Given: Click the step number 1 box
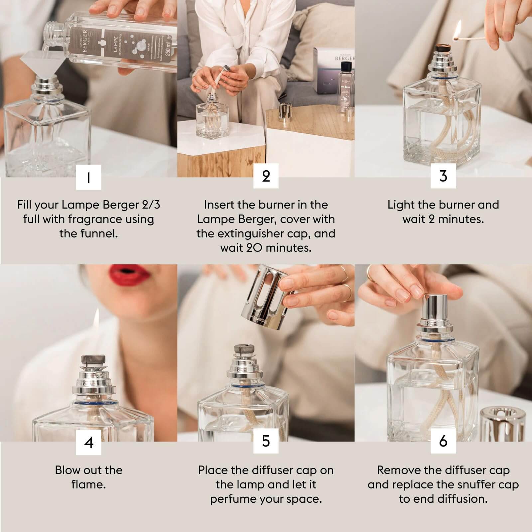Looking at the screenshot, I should pos(88,177).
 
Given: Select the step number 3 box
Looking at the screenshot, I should pos(443,176).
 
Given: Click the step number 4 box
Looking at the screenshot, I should pos(88,442).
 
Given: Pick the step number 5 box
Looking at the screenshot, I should pos(266,442).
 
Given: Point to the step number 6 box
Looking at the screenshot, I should pos(443,442).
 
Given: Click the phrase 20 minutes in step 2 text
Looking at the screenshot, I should pos(266,248).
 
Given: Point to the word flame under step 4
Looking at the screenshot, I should pos(88,485).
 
